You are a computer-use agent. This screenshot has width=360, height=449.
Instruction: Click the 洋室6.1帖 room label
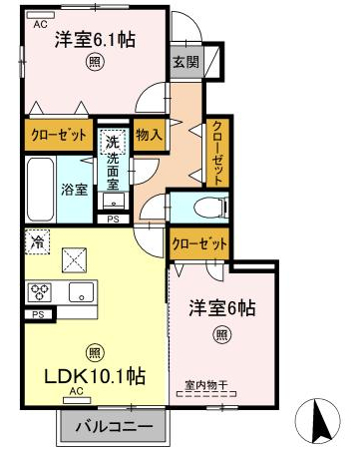pos(95,40)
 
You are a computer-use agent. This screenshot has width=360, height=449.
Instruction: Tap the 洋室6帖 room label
pos(222,308)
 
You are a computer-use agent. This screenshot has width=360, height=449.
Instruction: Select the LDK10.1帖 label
pos(95,376)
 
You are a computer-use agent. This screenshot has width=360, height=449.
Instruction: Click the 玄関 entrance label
pos(186,62)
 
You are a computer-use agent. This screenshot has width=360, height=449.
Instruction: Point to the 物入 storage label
pos(149,135)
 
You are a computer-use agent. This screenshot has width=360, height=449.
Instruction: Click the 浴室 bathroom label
pos(75,190)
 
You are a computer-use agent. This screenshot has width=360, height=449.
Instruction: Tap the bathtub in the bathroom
pos(40,190)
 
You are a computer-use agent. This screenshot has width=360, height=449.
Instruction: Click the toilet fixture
pos(210,209)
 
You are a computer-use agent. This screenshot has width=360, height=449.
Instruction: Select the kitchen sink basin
pos(81,292)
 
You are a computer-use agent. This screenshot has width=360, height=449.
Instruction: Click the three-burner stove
pos(40,292)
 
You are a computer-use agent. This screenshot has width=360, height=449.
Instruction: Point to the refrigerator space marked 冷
pos(37,241)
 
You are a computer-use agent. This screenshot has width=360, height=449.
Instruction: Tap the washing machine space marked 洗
pos(113,142)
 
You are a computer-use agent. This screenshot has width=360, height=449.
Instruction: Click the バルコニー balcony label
pos(114,426)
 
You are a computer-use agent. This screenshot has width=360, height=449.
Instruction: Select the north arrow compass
pos(318,418)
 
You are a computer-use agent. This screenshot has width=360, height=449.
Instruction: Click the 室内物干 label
pos(206,385)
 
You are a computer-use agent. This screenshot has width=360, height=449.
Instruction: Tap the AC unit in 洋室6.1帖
pos(40,15)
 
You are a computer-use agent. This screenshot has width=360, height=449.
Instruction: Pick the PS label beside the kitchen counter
pos(38,314)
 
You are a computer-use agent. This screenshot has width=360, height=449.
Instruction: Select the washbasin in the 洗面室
pos(113,202)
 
